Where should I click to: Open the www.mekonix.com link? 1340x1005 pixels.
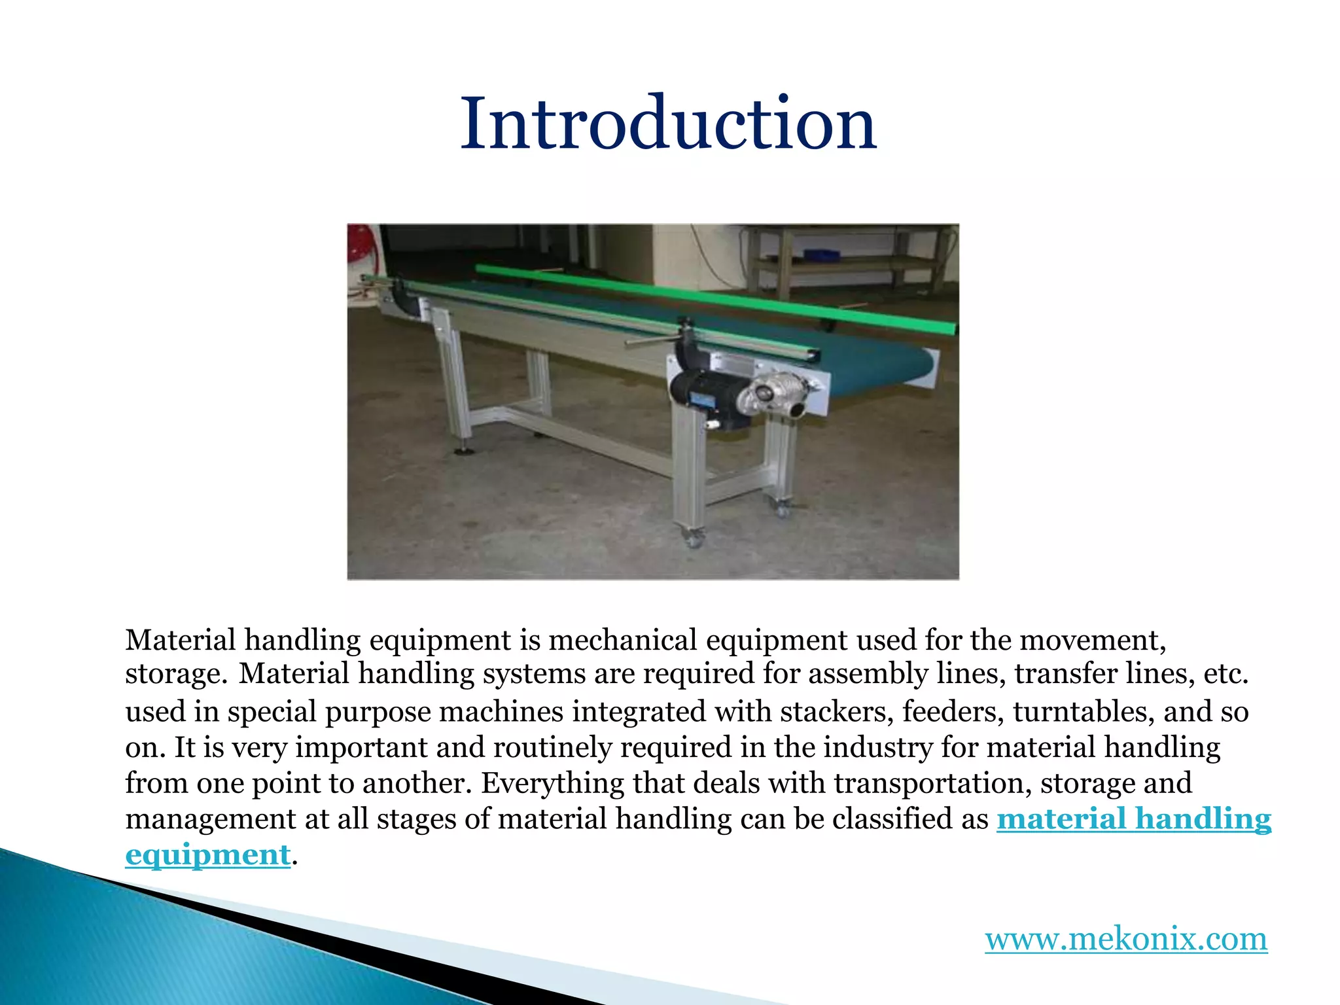coord(1126,939)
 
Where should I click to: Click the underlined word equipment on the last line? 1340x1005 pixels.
coord(207,855)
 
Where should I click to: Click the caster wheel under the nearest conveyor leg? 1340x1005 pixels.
coord(693,539)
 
